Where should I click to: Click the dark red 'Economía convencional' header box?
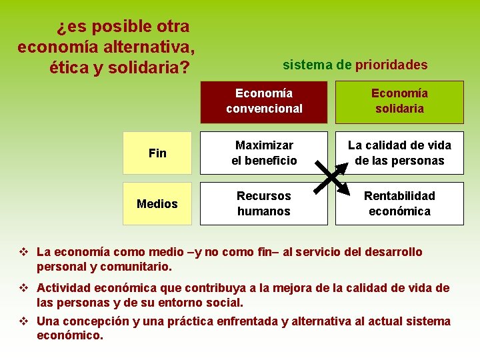(264, 101)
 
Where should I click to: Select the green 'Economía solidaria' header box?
(399, 101)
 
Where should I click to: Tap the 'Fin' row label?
(157, 153)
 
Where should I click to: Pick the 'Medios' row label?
(157, 204)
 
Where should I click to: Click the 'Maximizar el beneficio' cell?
(264, 153)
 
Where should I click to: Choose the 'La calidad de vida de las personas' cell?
(399, 153)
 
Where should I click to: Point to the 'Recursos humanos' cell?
(264, 204)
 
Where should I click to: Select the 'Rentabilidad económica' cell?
(399, 204)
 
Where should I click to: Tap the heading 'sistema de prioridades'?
(355, 65)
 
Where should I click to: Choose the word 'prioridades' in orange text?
(391, 65)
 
